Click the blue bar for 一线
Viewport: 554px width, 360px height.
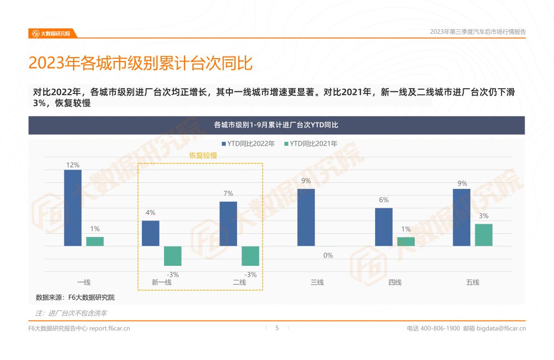[73, 208]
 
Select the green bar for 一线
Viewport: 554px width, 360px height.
[95, 241]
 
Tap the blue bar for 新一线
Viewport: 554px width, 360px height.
[151, 233]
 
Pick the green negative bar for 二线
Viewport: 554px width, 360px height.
[250, 256]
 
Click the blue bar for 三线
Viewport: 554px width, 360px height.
[306, 217]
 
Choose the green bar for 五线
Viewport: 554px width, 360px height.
[484, 235]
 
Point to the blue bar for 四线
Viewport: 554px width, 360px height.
[383, 227]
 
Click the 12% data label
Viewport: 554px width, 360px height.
[73, 165]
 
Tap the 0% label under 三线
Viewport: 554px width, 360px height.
[328, 255]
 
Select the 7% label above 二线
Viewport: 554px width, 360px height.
[228, 193]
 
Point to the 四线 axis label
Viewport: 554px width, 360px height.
[394, 282]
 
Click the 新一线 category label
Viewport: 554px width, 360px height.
[161, 282]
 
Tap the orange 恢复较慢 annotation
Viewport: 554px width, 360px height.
[203, 156]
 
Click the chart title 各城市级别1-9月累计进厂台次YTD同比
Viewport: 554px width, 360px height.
[276, 125]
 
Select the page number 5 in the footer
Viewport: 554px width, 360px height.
[277, 328]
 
